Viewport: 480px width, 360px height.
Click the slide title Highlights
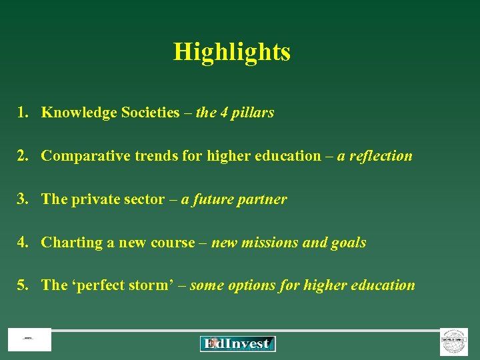click(x=232, y=51)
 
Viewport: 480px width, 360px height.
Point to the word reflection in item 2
click(x=382, y=156)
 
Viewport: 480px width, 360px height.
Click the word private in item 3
click(x=93, y=199)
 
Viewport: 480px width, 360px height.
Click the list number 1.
click(x=23, y=113)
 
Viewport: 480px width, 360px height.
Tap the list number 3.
click(x=23, y=199)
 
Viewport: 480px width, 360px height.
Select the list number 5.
click(x=23, y=285)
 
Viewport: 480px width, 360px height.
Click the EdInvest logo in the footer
click(x=237, y=343)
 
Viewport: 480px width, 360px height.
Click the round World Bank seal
click(x=454, y=341)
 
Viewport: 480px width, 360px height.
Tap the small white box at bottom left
click(x=29, y=340)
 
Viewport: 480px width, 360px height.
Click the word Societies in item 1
click(x=150, y=113)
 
